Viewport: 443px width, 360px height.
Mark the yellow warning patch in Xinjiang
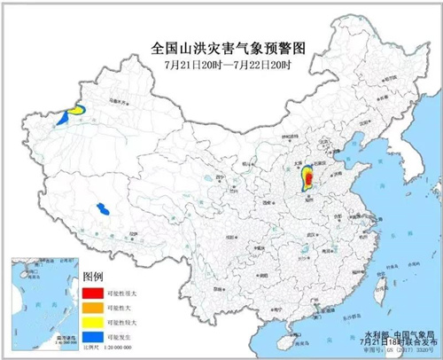[78, 110]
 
